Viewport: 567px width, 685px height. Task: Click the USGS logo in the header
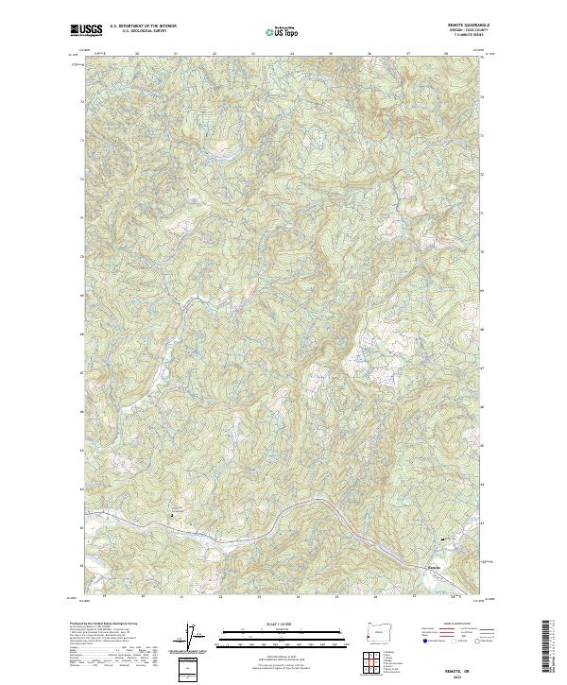pos(87,31)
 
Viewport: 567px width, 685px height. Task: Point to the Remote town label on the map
pos(435,568)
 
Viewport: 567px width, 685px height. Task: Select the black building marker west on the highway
pos(171,515)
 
